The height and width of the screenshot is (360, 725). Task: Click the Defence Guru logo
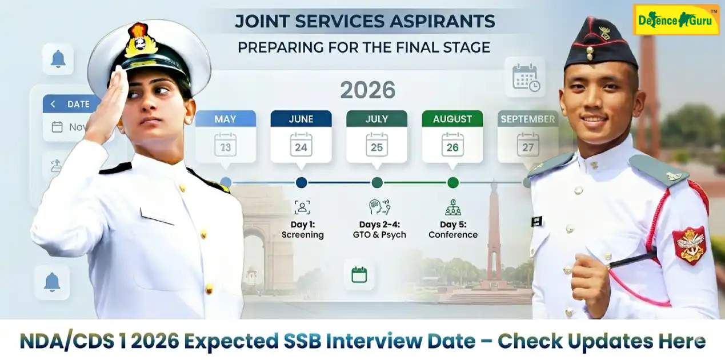[676, 20]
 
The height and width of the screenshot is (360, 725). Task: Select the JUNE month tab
[301, 119]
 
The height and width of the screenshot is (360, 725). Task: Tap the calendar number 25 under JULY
[376, 146]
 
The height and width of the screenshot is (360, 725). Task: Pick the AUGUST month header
[452, 119]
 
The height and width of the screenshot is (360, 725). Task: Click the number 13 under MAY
[225, 146]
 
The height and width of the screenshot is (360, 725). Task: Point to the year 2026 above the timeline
[368, 90]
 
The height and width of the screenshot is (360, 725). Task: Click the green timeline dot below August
[453, 183]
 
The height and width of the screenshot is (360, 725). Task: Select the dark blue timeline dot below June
[302, 183]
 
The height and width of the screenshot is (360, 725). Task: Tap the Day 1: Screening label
[302, 230]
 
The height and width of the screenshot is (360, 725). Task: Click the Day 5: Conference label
[453, 230]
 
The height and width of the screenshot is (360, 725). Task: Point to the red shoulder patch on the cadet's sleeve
[688, 244]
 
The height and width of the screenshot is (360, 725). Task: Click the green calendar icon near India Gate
[359, 275]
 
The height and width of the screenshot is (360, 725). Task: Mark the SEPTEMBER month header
[527, 119]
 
